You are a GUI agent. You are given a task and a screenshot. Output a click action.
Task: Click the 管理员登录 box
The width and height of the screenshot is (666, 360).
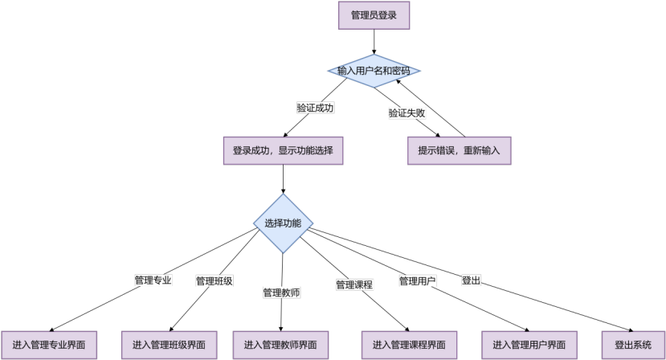pos(374,14)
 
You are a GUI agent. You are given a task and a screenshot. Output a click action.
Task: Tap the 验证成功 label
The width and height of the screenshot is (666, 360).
pos(315,108)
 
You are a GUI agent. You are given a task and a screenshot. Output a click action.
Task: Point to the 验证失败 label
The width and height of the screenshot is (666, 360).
pos(407,113)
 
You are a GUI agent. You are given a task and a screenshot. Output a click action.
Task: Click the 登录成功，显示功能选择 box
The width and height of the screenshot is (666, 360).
pos(283,150)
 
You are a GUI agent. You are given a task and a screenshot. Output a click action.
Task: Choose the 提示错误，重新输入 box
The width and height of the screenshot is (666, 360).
pos(459,150)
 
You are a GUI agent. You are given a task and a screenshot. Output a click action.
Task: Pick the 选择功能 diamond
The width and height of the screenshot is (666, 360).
pos(283,223)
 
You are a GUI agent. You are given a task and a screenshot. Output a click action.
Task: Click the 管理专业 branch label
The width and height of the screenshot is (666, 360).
pos(153,280)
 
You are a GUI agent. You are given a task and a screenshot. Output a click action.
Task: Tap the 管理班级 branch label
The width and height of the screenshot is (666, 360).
pos(215,281)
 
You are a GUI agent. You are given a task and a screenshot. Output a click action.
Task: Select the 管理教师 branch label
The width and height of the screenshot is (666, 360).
pos(281,292)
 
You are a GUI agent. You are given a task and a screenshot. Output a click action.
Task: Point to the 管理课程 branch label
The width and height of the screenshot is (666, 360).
pos(354,284)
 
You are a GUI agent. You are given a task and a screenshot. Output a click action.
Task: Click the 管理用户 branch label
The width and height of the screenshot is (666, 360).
pos(417,280)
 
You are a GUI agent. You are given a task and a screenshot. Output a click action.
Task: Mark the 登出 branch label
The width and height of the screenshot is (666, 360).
pos(471,280)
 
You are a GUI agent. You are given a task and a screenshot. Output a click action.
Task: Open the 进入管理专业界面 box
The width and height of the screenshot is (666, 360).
pos(49,345)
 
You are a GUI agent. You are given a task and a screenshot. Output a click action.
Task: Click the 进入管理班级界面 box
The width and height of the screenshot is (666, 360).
pos(169,345)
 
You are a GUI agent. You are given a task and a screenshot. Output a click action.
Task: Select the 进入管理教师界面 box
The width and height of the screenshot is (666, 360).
pos(280,345)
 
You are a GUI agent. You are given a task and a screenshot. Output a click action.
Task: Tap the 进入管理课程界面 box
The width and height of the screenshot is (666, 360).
pos(410,345)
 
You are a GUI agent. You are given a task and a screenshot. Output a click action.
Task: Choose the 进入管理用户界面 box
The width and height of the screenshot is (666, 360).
pos(529,345)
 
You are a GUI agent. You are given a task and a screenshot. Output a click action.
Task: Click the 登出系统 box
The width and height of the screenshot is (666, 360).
pos(633,345)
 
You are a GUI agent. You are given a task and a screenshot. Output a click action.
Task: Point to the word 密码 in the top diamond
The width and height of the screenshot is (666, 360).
pos(400,72)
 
